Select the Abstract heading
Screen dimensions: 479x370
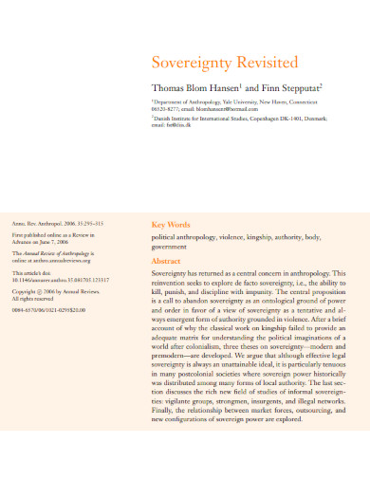point(167,260)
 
